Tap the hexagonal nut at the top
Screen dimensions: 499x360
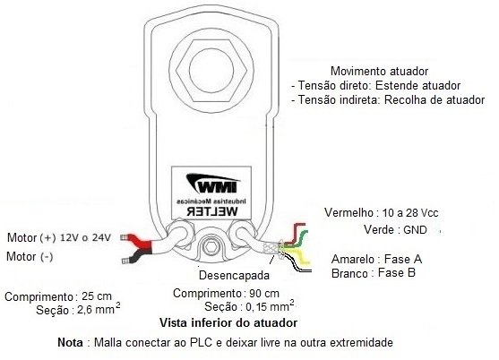(211, 70)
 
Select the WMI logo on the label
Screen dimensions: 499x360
(212, 184)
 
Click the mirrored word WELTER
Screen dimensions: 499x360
(212, 211)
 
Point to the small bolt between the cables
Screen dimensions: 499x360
(211, 247)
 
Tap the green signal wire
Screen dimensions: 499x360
(296, 239)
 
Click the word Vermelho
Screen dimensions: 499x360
(348, 212)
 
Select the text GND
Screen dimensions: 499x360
(415, 229)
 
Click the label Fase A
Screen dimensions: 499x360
(403, 259)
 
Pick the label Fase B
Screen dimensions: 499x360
(397, 273)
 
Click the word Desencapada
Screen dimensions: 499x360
(234, 276)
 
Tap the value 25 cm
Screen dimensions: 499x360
(97, 296)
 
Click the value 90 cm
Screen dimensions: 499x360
(263, 293)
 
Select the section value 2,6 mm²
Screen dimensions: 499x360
(99, 308)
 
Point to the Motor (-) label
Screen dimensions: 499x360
(30, 257)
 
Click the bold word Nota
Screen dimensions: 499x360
(71, 343)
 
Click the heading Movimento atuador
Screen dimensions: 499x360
(379, 71)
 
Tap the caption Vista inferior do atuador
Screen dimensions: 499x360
(228, 323)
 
